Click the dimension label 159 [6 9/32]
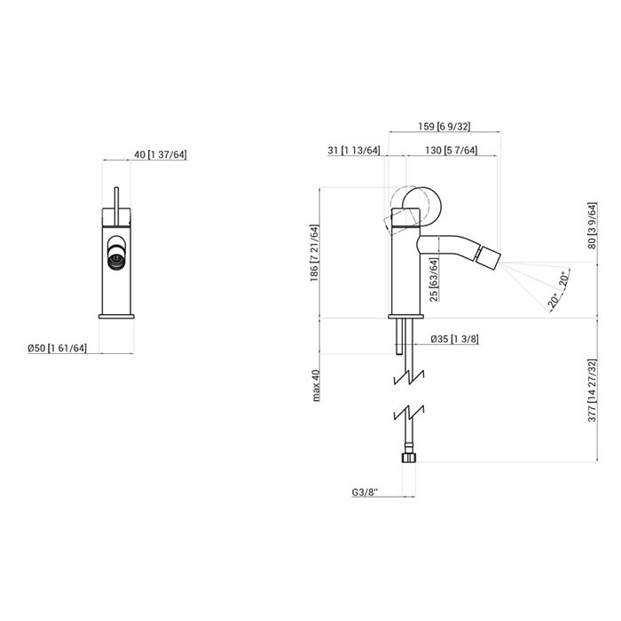pos(444,126)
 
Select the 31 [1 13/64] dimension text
pos(354,150)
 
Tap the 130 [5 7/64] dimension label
pos(451,150)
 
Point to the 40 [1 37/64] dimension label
pos(160,154)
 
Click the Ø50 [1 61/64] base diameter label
pos(57,348)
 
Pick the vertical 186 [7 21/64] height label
pos(314,253)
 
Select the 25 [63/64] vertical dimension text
pos(434,279)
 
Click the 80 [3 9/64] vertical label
pos(592,225)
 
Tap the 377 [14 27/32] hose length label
pos(592,390)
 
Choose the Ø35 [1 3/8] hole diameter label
pos(454,339)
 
